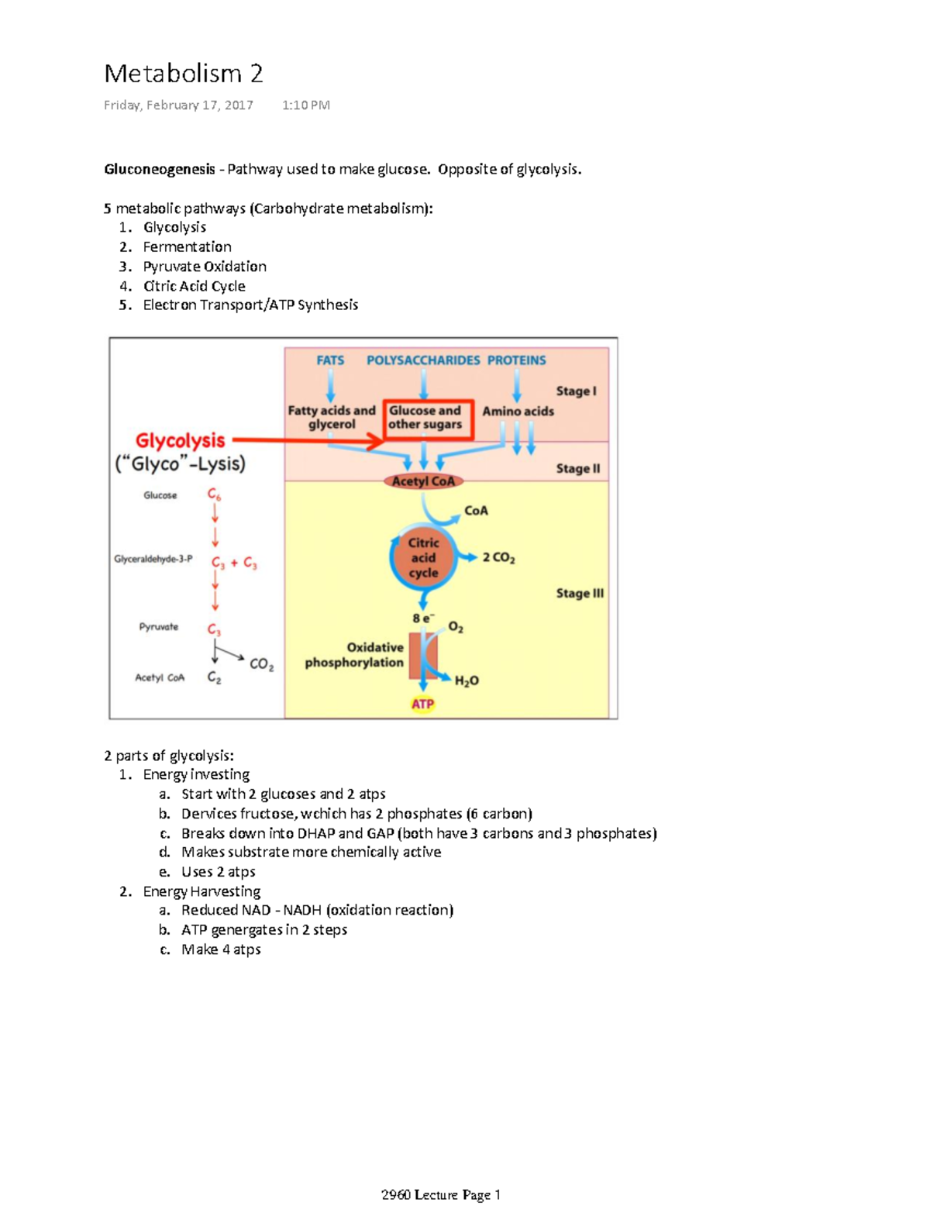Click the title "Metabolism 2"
pos(184,74)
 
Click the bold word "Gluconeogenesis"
pos(160,169)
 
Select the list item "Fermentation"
pos(187,246)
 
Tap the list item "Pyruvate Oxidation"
pos(205,266)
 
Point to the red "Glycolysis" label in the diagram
pos(180,440)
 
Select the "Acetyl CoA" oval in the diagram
pos(423,481)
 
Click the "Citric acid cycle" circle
pos(423,558)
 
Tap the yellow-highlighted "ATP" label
pos(422,704)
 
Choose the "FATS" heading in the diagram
pos(330,360)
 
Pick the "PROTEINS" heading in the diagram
pos(516,360)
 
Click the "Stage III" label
pos(579,594)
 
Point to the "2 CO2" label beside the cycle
pos(498,557)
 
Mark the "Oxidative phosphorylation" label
pos(354,655)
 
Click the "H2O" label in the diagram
pos(467,681)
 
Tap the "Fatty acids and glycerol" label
pos(332,418)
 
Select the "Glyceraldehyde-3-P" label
pos(153,559)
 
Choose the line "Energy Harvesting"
pos(201,891)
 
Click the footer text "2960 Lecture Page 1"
pos(441,1194)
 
